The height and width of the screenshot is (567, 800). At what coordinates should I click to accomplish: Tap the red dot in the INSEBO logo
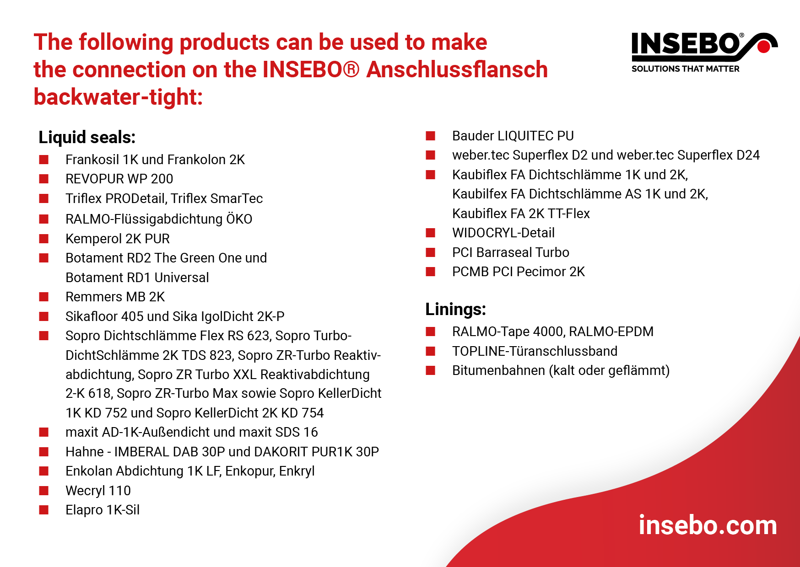tap(763, 47)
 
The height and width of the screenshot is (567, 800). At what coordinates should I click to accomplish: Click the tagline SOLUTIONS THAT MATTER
tap(686, 69)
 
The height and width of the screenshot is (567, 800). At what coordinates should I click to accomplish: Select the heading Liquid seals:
tap(87, 137)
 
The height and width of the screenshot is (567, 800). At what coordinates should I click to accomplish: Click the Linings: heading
tap(455, 309)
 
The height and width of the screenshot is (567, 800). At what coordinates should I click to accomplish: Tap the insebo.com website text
tap(708, 525)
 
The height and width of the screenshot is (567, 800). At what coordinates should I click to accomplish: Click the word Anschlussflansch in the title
tap(457, 70)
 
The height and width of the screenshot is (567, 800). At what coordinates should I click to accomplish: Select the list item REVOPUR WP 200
tap(119, 179)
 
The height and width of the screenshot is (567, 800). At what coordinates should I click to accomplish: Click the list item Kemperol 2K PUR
tap(118, 239)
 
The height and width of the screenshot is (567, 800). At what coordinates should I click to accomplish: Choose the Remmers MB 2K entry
tap(115, 297)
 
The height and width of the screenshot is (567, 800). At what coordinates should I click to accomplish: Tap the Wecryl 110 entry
tap(98, 491)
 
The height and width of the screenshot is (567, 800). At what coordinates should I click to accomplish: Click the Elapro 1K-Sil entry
tap(103, 510)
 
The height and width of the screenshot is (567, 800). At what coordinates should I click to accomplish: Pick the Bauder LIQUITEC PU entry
tap(513, 136)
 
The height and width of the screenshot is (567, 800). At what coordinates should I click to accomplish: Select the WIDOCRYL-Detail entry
tap(503, 233)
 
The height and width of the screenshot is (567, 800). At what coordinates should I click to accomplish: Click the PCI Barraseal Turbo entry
tap(511, 252)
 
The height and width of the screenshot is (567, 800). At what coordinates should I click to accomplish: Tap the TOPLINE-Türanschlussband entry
tap(535, 351)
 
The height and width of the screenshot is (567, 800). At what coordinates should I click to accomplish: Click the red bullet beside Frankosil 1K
tap(44, 160)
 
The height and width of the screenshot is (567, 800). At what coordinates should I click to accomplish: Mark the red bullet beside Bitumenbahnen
tap(430, 370)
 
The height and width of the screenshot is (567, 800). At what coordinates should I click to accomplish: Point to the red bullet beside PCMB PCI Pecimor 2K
tap(430, 272)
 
